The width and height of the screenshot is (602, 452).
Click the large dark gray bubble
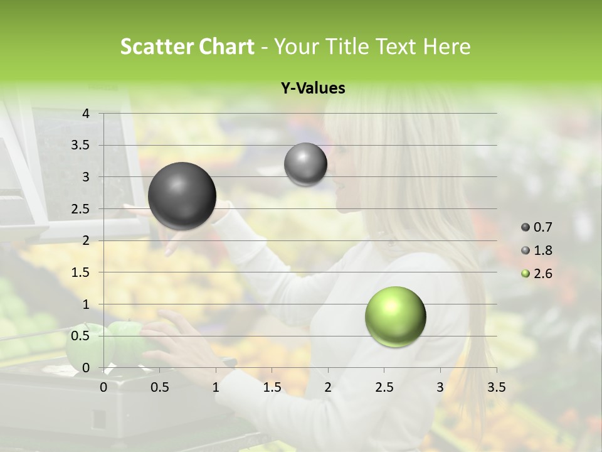click(182, 196)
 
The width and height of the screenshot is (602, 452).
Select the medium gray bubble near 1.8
click(305, 164)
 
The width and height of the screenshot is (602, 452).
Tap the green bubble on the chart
click(395, 316)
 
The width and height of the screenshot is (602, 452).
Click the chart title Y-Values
click(313, 89)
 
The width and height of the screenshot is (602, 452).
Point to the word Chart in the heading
click(227, 46)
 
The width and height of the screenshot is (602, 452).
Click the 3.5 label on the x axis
click(496, 387)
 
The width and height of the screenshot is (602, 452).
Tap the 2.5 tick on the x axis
click(384, 387)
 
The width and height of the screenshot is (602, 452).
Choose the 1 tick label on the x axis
click(216, 387)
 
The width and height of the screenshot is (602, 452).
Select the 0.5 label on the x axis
click(160, 387)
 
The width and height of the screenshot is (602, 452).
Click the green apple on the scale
click(129, 342)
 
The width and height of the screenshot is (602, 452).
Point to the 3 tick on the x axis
click(440, 387)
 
